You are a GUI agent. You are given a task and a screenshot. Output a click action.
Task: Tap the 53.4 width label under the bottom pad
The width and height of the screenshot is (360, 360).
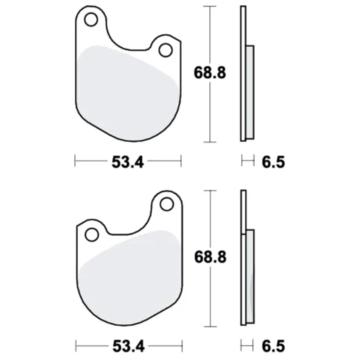pyautogui.click(x=127, y=344)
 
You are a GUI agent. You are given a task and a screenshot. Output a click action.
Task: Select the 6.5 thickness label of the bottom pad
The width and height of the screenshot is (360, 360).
pyautogui.click(x=273, y=344)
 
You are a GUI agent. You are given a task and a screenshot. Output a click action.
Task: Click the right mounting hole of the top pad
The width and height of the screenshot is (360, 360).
pyautogui.click(x=165, y=50)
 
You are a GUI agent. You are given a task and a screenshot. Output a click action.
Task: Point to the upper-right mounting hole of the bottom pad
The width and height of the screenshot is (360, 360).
pyautogui.click(x=166, y=204)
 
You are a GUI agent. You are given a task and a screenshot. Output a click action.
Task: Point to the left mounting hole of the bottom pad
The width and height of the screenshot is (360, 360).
pyautogui.click(x=91, y=234)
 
